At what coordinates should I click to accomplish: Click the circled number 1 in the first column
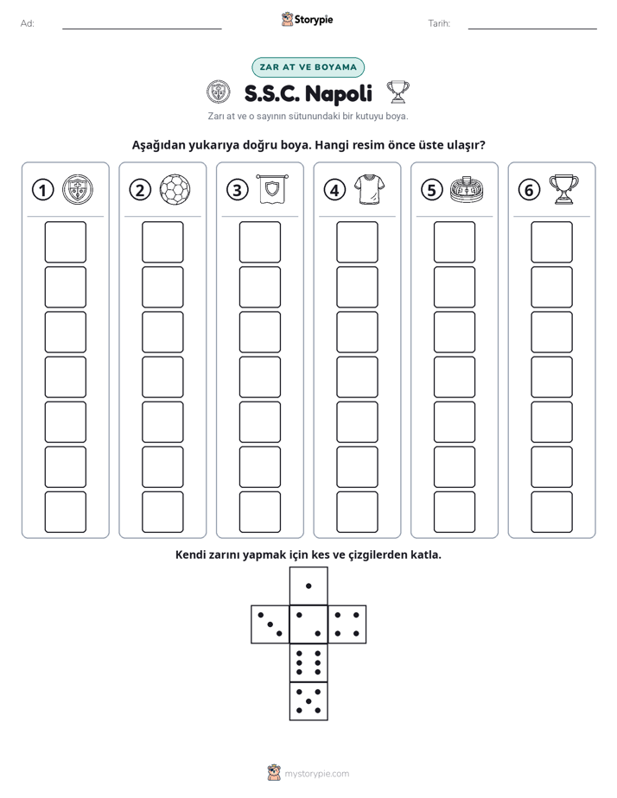tap(42, 190)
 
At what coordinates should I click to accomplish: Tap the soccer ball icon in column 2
tap(175, 190)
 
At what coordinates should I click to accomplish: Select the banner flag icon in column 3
tap(272, 189)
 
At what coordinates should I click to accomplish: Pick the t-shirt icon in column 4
tap(369, 189)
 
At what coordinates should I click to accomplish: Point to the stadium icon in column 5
tap(467, 189)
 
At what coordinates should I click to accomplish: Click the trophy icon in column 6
tap(563, 189)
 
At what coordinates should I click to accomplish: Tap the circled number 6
tap(529, 190)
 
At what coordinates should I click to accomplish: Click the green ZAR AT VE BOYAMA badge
tap(308, 67)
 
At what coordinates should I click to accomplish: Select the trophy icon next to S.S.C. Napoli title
tap(398, 92)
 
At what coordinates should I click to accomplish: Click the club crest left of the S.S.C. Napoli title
tap(219, 92)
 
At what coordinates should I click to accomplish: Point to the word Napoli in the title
tap(339, 93)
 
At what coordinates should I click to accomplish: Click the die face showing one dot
tap(308, 586)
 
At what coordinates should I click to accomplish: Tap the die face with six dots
tap(308, 662)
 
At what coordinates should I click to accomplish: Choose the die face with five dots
tap(308, 701)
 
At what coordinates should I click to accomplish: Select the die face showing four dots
tap(347, 624)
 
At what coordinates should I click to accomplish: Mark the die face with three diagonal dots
tap(270, 624)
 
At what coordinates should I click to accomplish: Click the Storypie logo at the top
tap(307, 19)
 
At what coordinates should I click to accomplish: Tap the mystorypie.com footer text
tap(316, 774)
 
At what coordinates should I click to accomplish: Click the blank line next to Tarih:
tap(532, 28)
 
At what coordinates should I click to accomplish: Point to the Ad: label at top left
tap(28, 23)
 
